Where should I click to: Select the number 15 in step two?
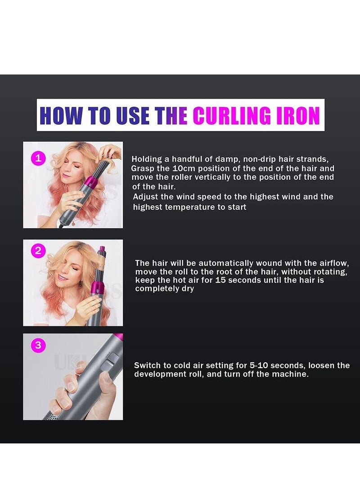222,280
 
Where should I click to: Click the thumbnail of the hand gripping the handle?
73,377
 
